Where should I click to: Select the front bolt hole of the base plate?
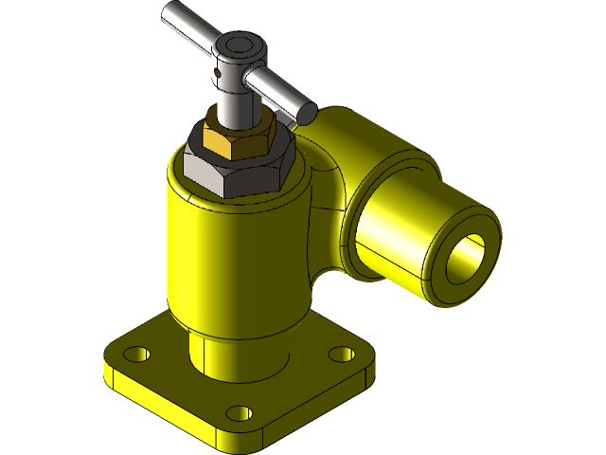[x=240, y=413]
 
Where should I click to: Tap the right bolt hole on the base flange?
[x=341, y=354]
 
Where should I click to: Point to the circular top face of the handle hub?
[x=238, y=45]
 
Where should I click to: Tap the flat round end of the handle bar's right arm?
[x=306, y=111]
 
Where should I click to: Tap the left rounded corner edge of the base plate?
[x=110, y=370]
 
